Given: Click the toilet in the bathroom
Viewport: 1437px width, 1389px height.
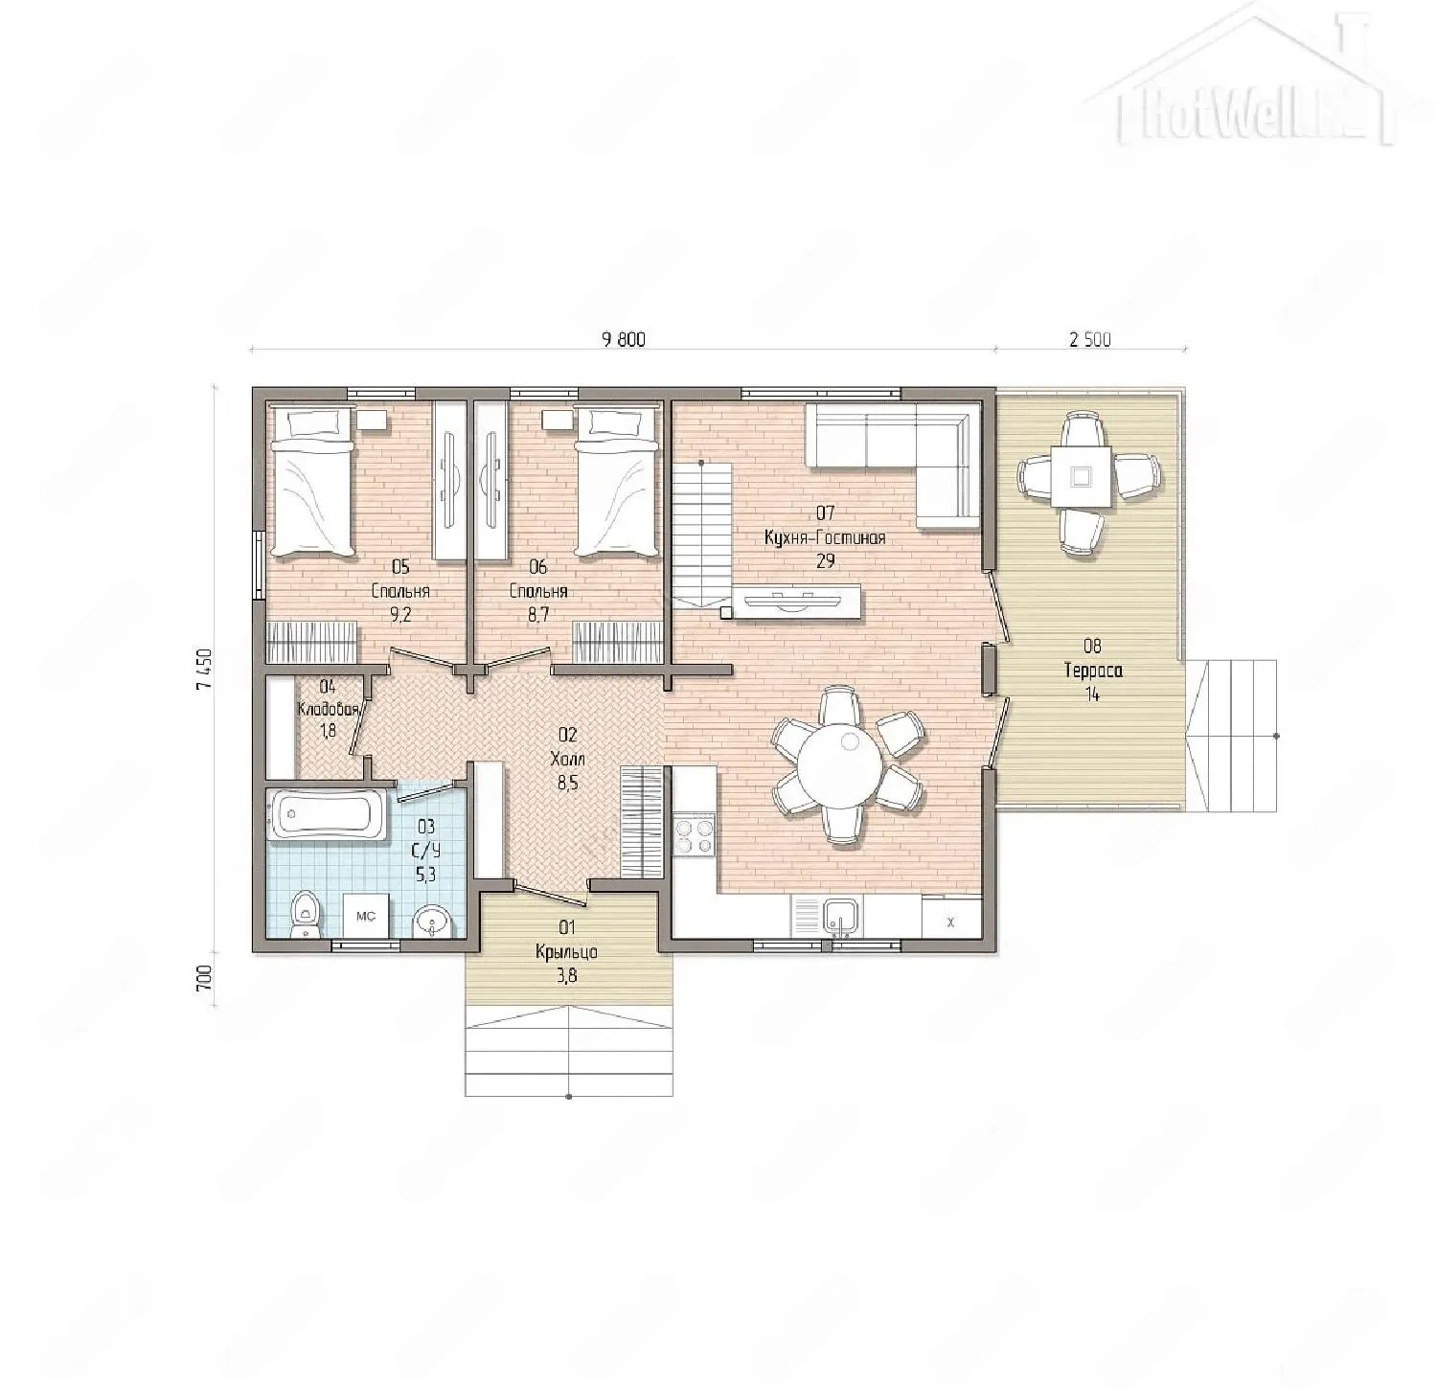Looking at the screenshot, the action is click(x=305, y=914).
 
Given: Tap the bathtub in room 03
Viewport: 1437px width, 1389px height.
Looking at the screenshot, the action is click(x=326, y=815).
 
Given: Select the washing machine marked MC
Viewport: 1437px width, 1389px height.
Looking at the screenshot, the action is click(x=366, y=916).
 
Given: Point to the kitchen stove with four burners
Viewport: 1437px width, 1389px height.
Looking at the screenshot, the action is click(x=695, y=833).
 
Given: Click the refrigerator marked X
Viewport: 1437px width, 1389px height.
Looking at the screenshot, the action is click(x=951, y=921).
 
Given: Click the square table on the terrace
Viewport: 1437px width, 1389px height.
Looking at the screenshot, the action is click(x=1081, y=476).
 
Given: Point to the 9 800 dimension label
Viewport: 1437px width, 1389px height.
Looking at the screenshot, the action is click(x=624, y=340).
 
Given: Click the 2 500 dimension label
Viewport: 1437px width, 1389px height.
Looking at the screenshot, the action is click(x=1089, y=340).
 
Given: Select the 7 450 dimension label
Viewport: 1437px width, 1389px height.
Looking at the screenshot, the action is click(x=202, y=669).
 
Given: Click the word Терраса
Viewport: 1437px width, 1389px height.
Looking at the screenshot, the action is click(x=1092, y=671).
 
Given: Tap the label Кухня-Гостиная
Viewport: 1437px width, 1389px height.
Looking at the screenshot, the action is click(x=825, y=538).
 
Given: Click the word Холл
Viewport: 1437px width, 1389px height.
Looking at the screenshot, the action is click(x=567, y=759).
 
